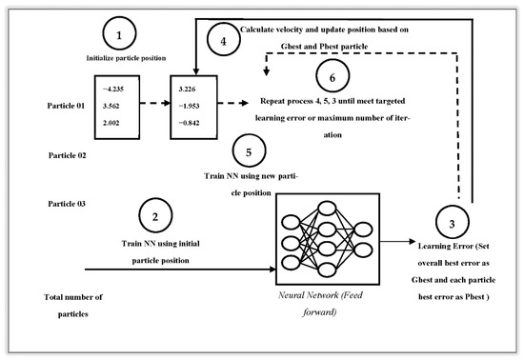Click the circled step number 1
[x=120, y=37]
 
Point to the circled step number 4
[x=223, y=41]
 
